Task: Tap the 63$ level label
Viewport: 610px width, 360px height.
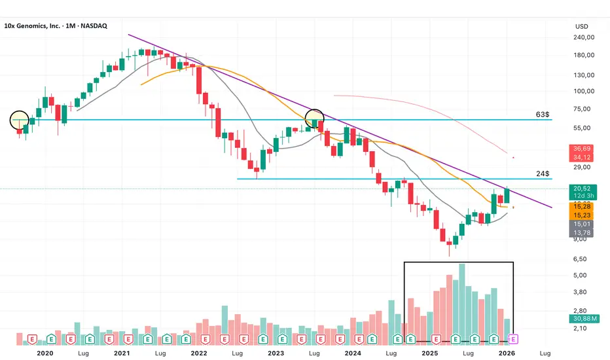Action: pyautogui.click(x=543, y=115)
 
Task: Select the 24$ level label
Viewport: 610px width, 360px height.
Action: pyautogui.click(x=543, y=174)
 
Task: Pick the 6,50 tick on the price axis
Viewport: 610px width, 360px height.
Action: pyautogui.click(x=580, y=259)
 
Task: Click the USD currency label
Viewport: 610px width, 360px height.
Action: pyautogui.click(x=581, y=27)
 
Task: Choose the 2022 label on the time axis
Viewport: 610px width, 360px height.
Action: pyautogui.click(x=198, y=353)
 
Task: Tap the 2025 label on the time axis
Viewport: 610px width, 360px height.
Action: pyautogui.click(x=430, y=353)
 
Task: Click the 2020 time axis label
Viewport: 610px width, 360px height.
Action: pyautogui.click(x=45, y=353)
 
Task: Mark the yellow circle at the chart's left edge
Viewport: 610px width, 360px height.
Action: pyautogui.click(x=20, y=120)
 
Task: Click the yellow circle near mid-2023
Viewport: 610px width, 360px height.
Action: pyautogui.click(x=315, y=118)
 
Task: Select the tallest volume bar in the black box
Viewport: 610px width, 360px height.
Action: pyautogui.click(x=462, y=304)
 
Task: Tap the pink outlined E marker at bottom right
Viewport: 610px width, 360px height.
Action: pyautogui.click(x=513, y=339)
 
